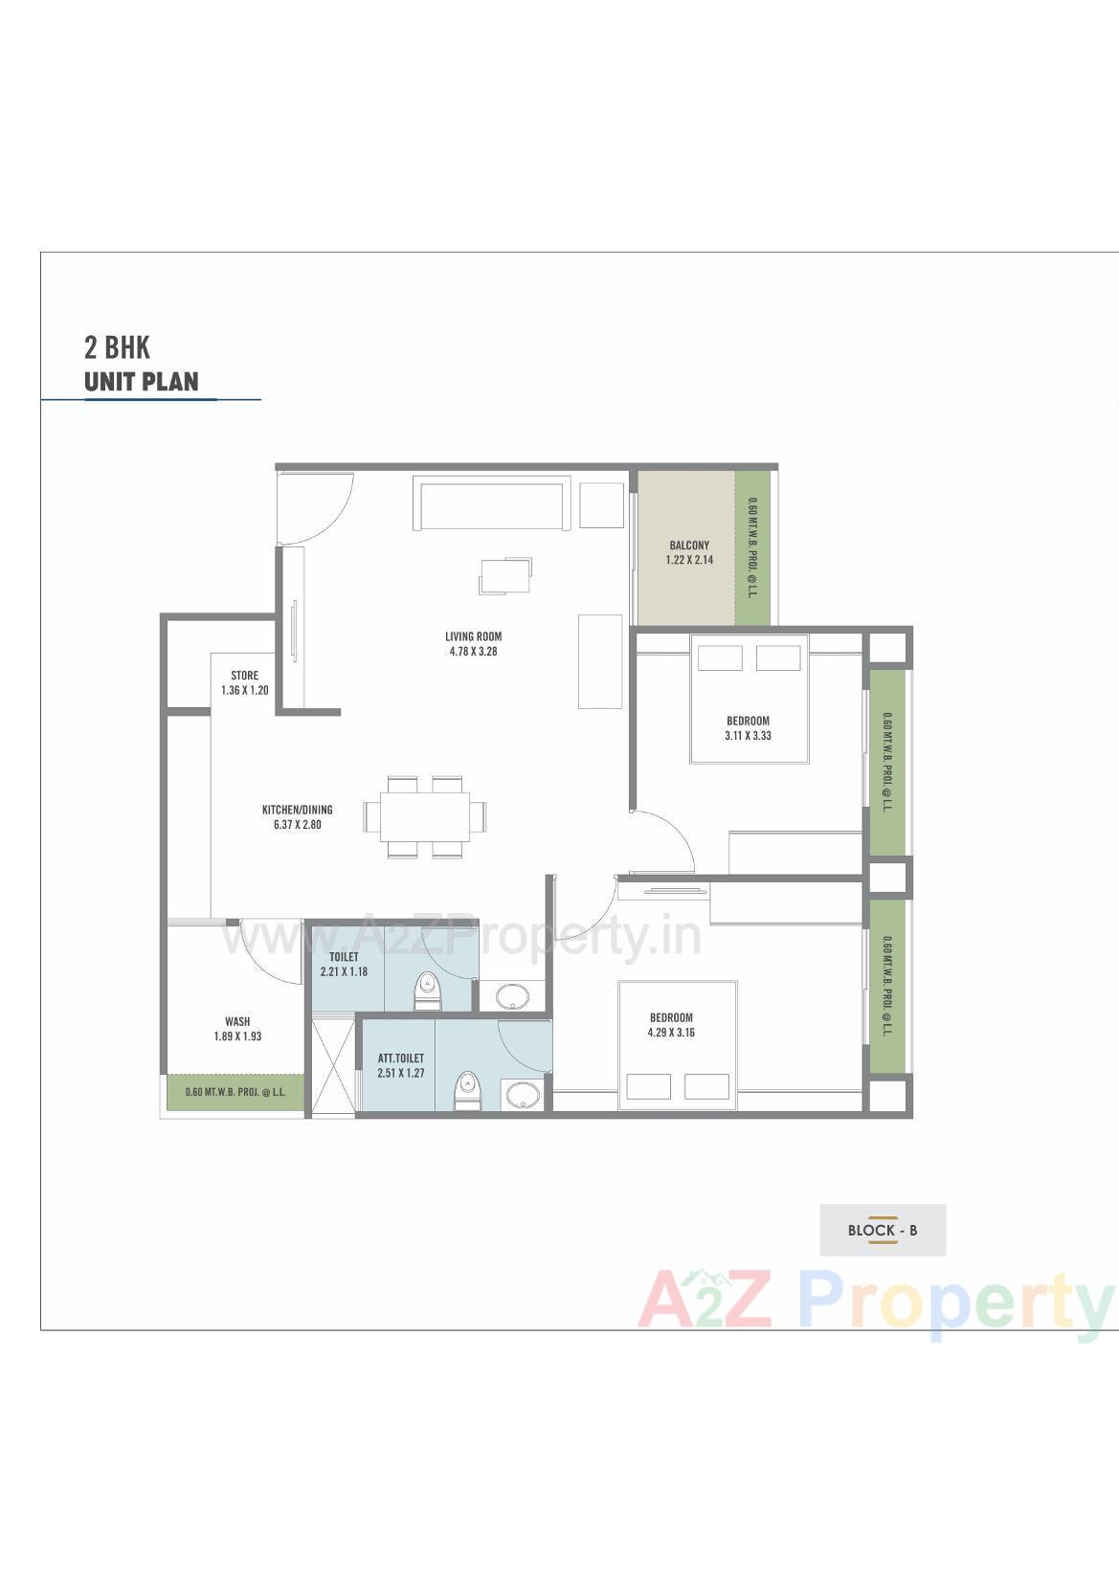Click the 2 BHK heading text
click(117, 345)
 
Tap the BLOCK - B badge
click(882, 1230)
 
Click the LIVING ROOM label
click(473, 636)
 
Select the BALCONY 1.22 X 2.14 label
click(689, 553)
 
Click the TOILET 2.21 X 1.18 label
click(344, 965)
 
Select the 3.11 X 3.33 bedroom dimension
click(748, 736)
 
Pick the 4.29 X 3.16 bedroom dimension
click(671, 1033)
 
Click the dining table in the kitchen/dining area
click(424, 816)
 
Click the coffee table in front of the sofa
click(504, 575)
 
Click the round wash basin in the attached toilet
click(522, 1093)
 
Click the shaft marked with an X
click(332, 1064)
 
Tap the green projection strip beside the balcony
click(751, 547)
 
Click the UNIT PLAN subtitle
click(142, 381)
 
